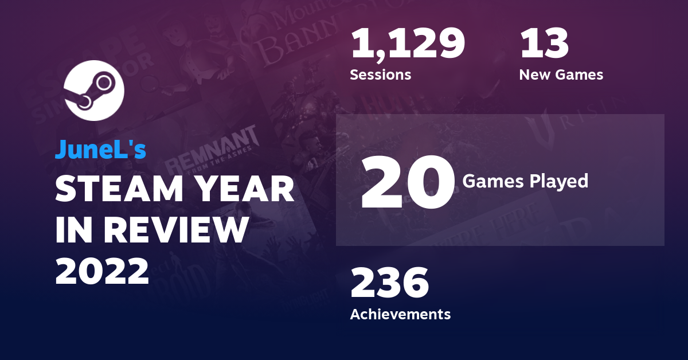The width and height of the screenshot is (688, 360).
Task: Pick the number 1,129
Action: pos(407,45)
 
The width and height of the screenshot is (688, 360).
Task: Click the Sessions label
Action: pos(380,75)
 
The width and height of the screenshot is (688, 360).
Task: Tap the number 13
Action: pos(544,45)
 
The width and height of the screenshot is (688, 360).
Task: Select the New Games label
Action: pos(561,75)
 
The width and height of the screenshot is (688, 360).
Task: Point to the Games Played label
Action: pos(525,181)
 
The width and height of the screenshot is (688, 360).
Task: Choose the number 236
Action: pos(389,283)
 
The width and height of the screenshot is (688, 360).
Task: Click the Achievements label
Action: pos(400,314)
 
